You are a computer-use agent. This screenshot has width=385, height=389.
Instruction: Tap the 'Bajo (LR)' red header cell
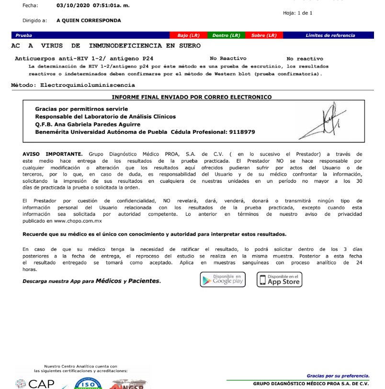(188, 35)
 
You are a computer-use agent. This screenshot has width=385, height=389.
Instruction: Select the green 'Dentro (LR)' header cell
(226, 35)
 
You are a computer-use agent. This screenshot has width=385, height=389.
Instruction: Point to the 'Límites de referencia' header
(330, 35)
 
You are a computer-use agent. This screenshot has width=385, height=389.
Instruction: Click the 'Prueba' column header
(24, 35)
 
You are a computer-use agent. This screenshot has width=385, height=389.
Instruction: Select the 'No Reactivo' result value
(228, 59)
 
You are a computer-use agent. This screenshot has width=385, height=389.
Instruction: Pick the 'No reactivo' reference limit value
(305, 59)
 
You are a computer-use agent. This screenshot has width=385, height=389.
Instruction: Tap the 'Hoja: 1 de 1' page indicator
(298, 12)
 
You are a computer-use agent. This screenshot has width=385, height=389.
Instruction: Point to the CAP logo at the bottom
(36, 383)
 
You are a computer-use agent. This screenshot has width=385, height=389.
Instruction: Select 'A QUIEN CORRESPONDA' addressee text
(89, 21)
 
